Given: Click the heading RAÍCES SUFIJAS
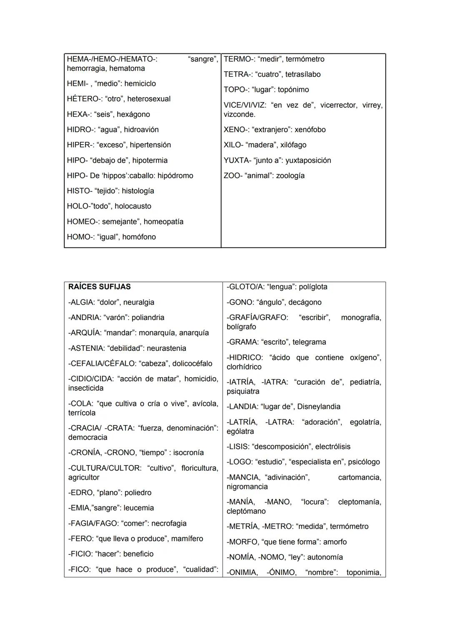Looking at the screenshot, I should click(x=99, y=287).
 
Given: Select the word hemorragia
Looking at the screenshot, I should click(x=86, y=68).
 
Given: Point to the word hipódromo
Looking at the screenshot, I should click(x=175, y=176).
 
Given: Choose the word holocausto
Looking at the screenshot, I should click(x=133, y=206).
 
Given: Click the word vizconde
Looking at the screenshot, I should click(x=239, y=114).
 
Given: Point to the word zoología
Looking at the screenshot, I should click(x=290, y=176).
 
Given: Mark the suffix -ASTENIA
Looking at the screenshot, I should click(x=86, y=348).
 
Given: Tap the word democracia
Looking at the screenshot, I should click(x=87, y=437).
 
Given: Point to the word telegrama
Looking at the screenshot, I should click(x=309, y=342).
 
